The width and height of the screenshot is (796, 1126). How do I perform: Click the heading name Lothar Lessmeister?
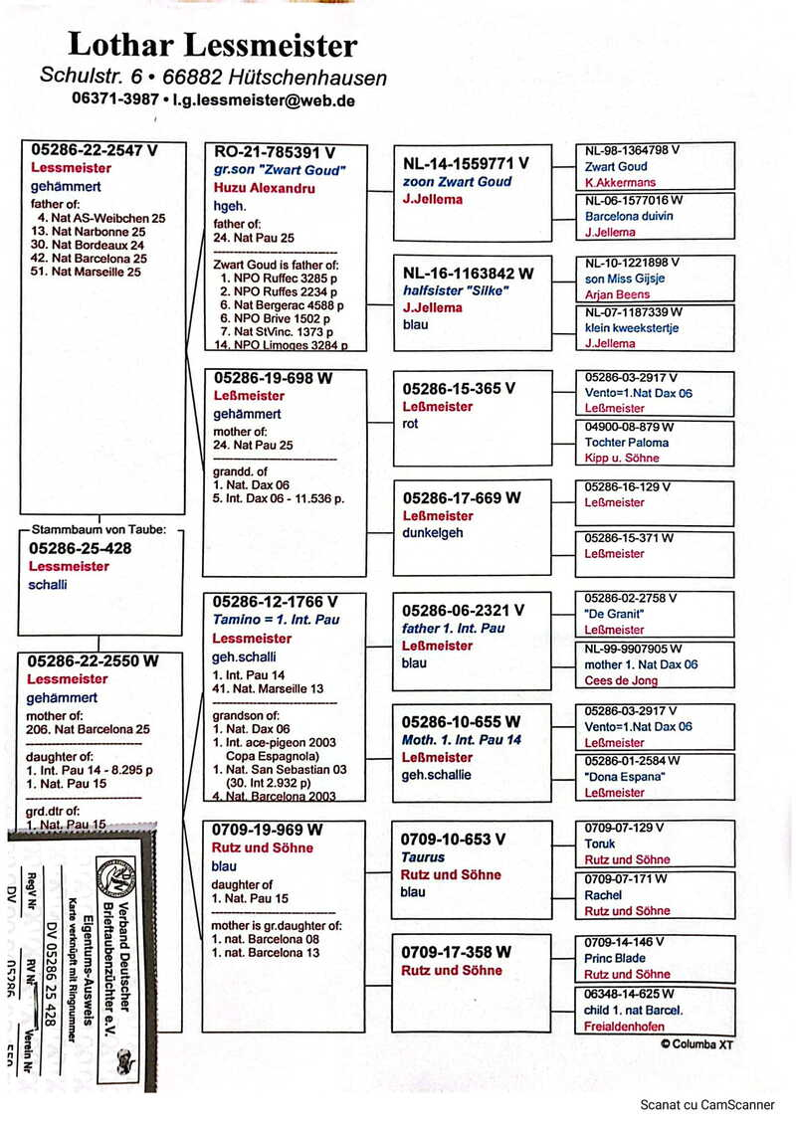pos(212,45)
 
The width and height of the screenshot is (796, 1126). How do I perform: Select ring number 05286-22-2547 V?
pos(95,150)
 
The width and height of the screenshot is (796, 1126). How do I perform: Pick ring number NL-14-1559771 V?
pos(465,163)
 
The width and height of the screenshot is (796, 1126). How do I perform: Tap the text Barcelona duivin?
pos(629,216)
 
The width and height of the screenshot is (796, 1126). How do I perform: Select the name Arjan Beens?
pos(617,294)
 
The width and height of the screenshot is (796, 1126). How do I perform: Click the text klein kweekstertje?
pos(632,327)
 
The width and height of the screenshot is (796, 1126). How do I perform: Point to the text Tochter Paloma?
pos(627,442)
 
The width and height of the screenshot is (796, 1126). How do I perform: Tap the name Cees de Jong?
pos(622,680)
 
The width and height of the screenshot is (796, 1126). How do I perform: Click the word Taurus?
pos(423,857)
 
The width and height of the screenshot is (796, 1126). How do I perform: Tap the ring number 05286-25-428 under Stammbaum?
pos(81,548)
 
